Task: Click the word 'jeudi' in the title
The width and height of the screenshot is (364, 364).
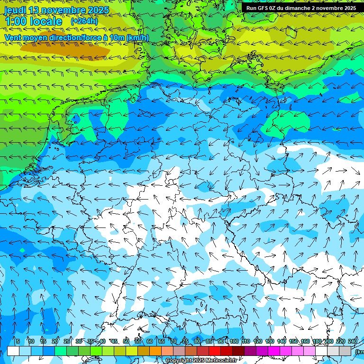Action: pos(15,10)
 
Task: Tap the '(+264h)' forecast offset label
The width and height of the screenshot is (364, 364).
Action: pos(84,21)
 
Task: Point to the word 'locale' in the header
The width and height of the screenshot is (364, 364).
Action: pos(45,21)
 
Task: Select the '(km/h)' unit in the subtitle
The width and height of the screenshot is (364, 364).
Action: pos(137,37)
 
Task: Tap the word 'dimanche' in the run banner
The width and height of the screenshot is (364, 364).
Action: pos(302,8)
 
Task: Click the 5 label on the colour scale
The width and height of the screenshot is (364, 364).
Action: pos(18,341)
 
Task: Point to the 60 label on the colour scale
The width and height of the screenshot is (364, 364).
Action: pos(150,341)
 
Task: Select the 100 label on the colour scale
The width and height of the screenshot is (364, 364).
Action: pos(234,341)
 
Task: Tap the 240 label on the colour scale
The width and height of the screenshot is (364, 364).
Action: pos(353,341)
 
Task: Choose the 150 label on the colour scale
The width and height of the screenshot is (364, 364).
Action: pos(293,341)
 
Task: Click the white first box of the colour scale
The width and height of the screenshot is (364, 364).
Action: pos(13,351)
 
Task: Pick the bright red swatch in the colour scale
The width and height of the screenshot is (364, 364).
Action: pos(215,351)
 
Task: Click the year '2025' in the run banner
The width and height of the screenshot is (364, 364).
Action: pos(349,8)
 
